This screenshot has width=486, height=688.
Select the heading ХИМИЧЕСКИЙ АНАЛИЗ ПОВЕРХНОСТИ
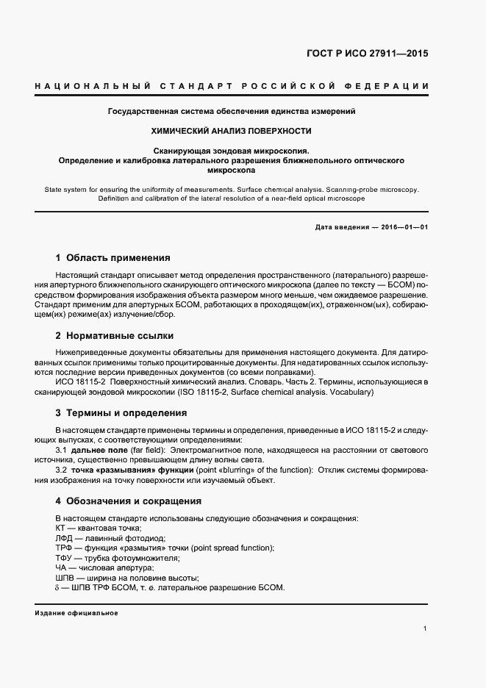click(232, 131)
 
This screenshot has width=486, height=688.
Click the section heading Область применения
click(118, 258)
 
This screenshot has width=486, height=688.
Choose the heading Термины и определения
click(126, 413)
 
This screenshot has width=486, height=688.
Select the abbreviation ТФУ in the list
click(65, 558)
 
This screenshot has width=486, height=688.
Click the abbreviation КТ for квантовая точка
click(62, 528)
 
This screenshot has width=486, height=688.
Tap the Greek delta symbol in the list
click(58, 588)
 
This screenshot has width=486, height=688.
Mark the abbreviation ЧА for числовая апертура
click(62, 568)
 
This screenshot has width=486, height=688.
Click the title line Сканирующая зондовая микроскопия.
click(232, 150)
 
